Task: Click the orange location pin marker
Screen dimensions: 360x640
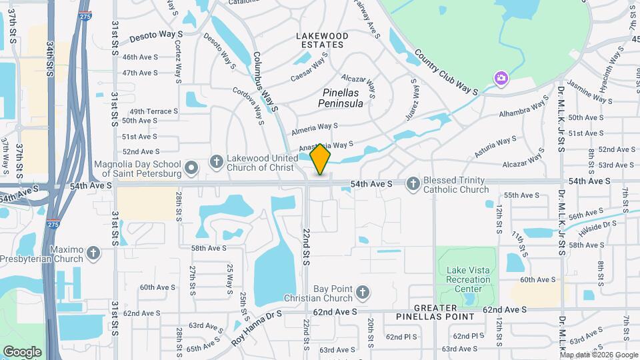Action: [321, 159]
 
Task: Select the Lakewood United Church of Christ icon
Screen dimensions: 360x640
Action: [216, 161]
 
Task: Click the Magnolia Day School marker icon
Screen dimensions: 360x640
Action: [191, 168]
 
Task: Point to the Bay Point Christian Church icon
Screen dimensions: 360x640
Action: [362, 292]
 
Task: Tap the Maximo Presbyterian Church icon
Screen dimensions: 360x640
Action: [93, 253]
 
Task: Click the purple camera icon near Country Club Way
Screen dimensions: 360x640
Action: [500, 79]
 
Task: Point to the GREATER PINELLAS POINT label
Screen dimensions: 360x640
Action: [435, 312]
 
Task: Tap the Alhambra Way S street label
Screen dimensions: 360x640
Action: [523, 110]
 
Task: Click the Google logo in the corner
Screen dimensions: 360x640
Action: [22, 351]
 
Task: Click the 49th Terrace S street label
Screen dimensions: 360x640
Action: [154, 111]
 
